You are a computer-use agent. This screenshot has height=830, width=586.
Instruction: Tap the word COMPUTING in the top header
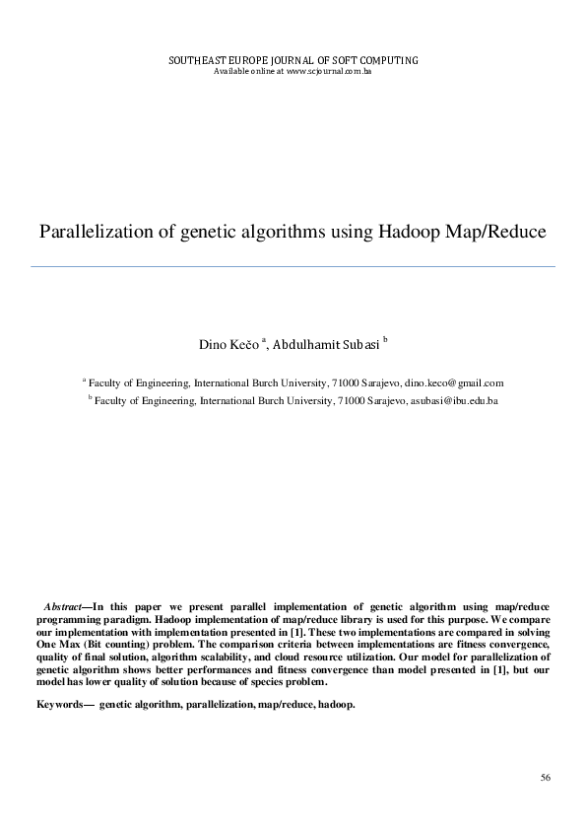388,61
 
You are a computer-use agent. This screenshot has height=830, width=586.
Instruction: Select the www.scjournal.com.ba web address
328,72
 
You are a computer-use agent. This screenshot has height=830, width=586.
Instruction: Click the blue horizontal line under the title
293,266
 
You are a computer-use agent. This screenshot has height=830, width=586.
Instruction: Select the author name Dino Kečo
229,345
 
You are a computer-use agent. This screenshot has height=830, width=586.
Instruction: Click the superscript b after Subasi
386,340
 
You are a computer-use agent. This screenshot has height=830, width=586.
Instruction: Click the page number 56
546,779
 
